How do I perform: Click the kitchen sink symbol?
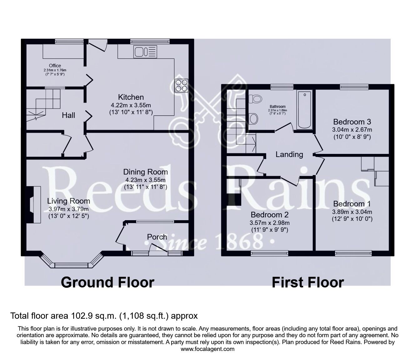pos(145,51)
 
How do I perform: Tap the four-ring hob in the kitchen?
pos(181,85)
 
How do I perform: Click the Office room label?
pos(55,66)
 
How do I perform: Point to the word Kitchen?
pos(131,97)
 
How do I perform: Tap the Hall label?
pos(68,115)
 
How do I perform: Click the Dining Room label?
pos(145,172)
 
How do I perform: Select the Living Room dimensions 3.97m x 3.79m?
pos(68,209)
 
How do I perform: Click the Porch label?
pos(157,237)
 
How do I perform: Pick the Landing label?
pos(289,154)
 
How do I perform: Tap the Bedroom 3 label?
pos(352,122)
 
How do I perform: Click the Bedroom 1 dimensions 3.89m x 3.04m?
pos(352,212)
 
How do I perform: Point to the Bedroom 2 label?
pos(269,215)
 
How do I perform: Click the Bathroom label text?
pos(277,107)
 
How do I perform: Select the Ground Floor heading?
pos(107,282)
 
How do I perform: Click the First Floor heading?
pos(307,282)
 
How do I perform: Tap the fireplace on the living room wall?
pos(33,205)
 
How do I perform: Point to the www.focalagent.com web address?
pos(207,349)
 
